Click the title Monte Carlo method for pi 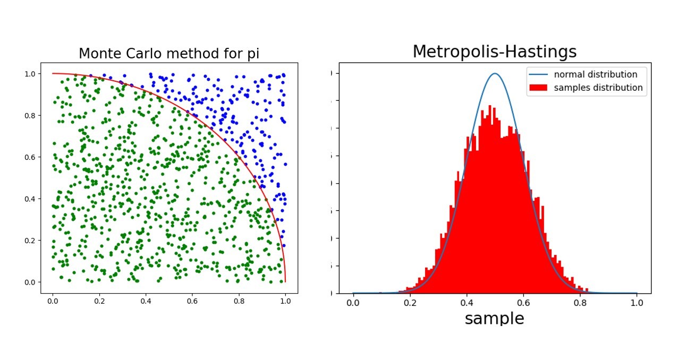tap(169, 54)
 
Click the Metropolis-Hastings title tap(494, 52)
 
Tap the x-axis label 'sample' tap(494, 318)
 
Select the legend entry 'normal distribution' tap(595, 74)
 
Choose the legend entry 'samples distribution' tap(598, 88)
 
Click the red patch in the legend tap(539, 88)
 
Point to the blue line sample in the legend tap(539, 74)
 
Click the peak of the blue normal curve tap(495, 74)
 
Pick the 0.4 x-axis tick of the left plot tap(146, 301)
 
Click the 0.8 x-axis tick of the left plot tap(239, 301)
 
